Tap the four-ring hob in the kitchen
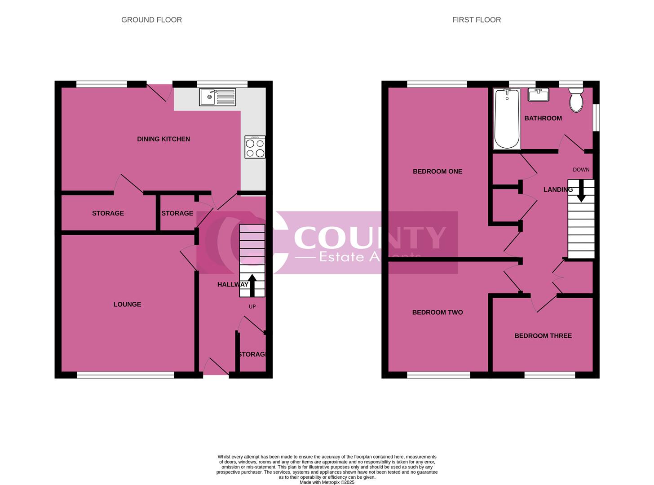click(x=255, y=147)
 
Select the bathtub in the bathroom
click(x=507, y=119)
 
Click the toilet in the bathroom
click(x=576, y=100)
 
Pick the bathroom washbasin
click(x=538, y=95)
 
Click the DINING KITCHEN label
click(x=163, y=139)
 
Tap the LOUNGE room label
click(x=127, y=304)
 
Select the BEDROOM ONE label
click(x=437, y=172)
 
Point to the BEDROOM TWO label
click(x=437, y=313)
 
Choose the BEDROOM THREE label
click(x=543, y=336)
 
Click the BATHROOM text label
click(x=543, y=119)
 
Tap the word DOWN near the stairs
click(x=581, y=170)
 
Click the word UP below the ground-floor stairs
click(x=252, y=307)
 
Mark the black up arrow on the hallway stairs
click(x=252, y=285)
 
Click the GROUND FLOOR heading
click(x=151, y=20)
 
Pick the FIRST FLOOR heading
click(x=476, y=20)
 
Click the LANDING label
click(x=558, y=190)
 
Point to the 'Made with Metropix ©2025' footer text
click(x=327, y=482)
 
